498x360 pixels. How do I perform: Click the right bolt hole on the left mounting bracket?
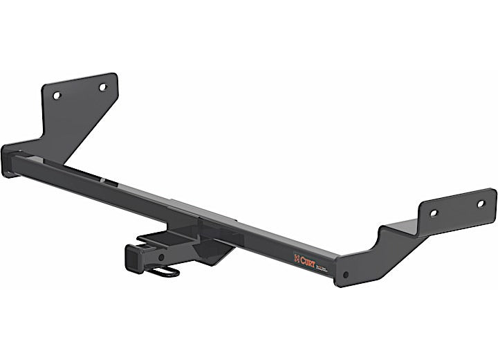click(x=102, y=87)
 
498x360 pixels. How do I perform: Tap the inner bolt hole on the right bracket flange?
click(x=433, y=213)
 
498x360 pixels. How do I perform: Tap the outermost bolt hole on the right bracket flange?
click(x=482, y=204)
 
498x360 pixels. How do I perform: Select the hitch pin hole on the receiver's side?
click(x=160, y=257)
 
